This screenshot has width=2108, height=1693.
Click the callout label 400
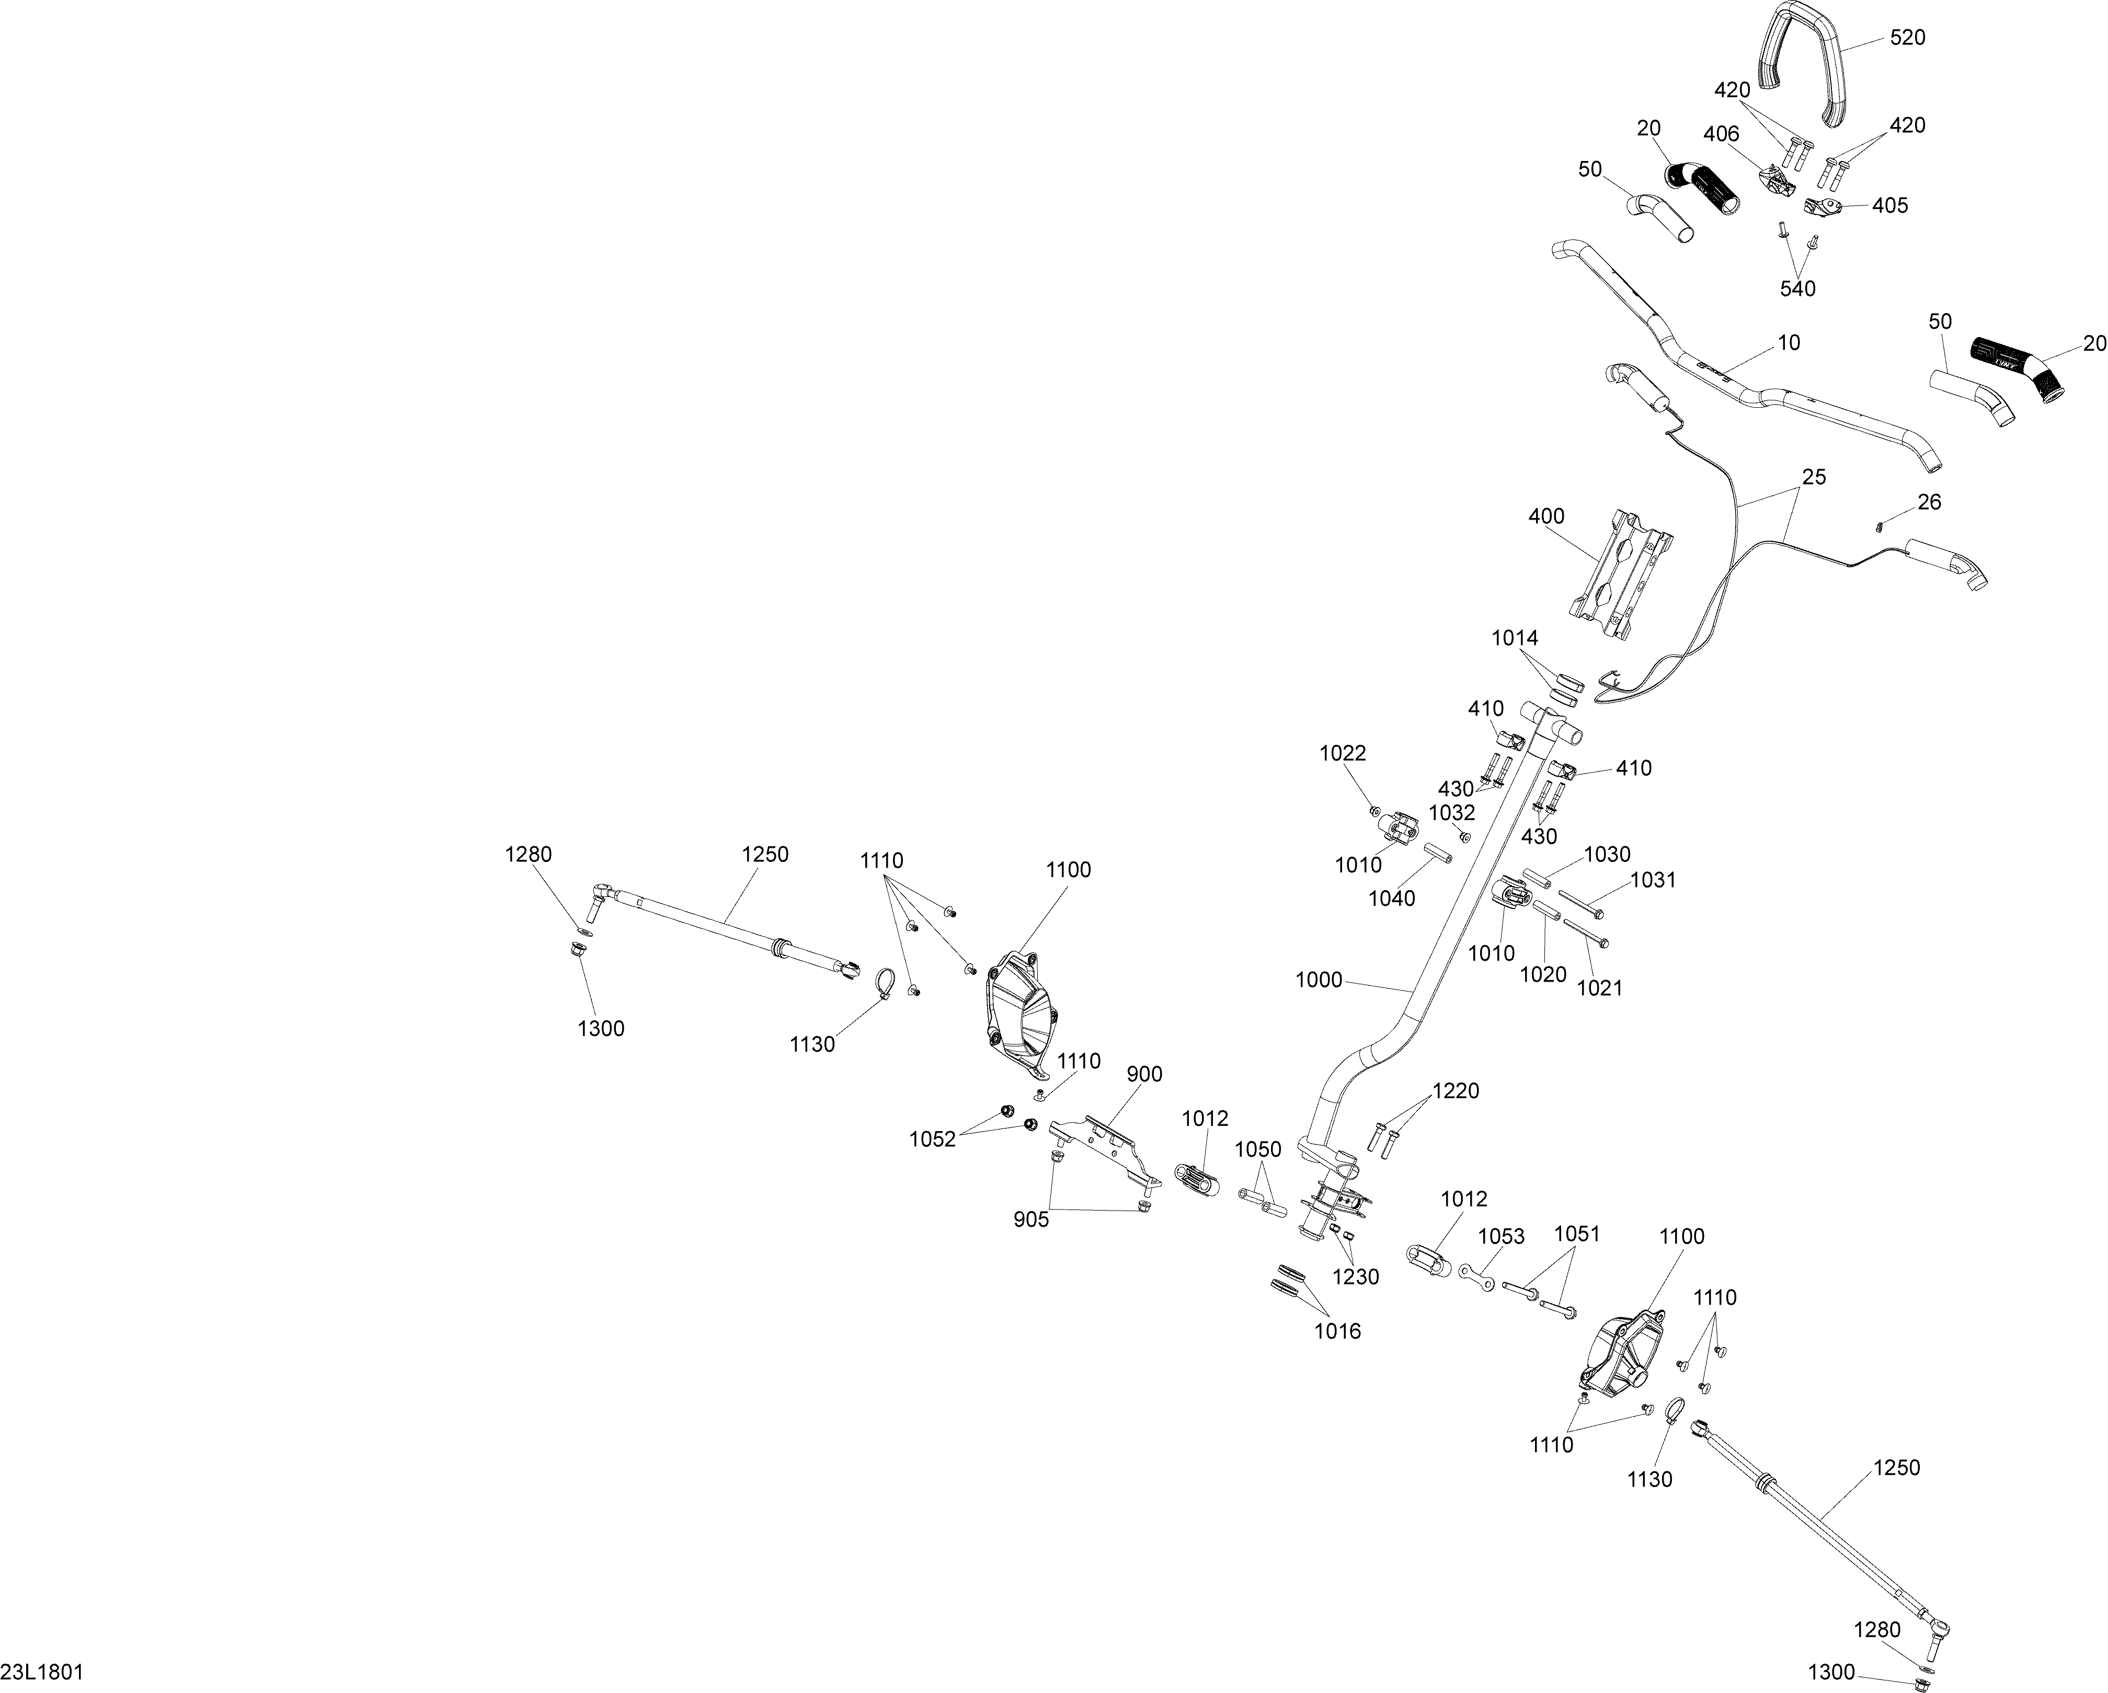coord(1546,516)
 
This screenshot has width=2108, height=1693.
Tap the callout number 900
coord(1144,1074)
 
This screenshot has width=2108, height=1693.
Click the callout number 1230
coord(1355,1276)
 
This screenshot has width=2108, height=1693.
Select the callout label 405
coord(1890,205)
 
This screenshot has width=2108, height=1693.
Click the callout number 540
coord(1797,289)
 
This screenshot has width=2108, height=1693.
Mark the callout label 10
coord(1788,342)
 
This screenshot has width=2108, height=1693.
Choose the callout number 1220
coord(1456,1091)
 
